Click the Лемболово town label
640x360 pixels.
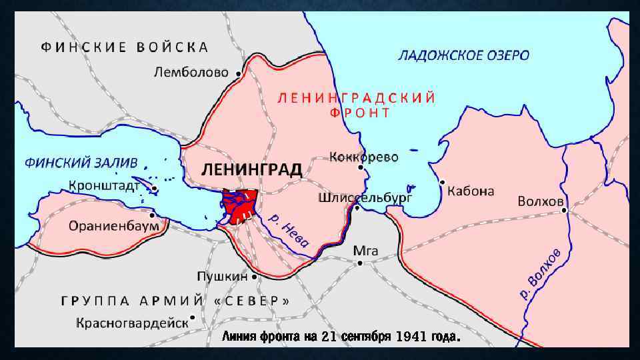tap(191, 72)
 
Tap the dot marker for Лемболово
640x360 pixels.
tap(239, 74)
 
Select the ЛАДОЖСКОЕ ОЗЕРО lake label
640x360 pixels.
tap(464, 55)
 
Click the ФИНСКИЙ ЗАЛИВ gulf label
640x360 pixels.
tap(81, 162)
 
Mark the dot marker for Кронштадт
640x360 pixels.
tap(154, 189)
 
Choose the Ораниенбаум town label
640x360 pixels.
tap(114, 225)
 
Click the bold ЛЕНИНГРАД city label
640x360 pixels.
tap(252, 169)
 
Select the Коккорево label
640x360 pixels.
tap(363, 157)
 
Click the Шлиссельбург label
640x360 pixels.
tap(365, 198)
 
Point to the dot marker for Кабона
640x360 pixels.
tap(442, 181)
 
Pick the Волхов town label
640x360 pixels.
tap(541, 201)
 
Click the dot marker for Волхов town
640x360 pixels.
tap(565, 210)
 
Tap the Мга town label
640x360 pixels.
tap(365, 251)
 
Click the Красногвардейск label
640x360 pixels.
tap(132, 323)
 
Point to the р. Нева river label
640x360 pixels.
tap(288, 233)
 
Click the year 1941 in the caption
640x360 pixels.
tap(411, 337)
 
